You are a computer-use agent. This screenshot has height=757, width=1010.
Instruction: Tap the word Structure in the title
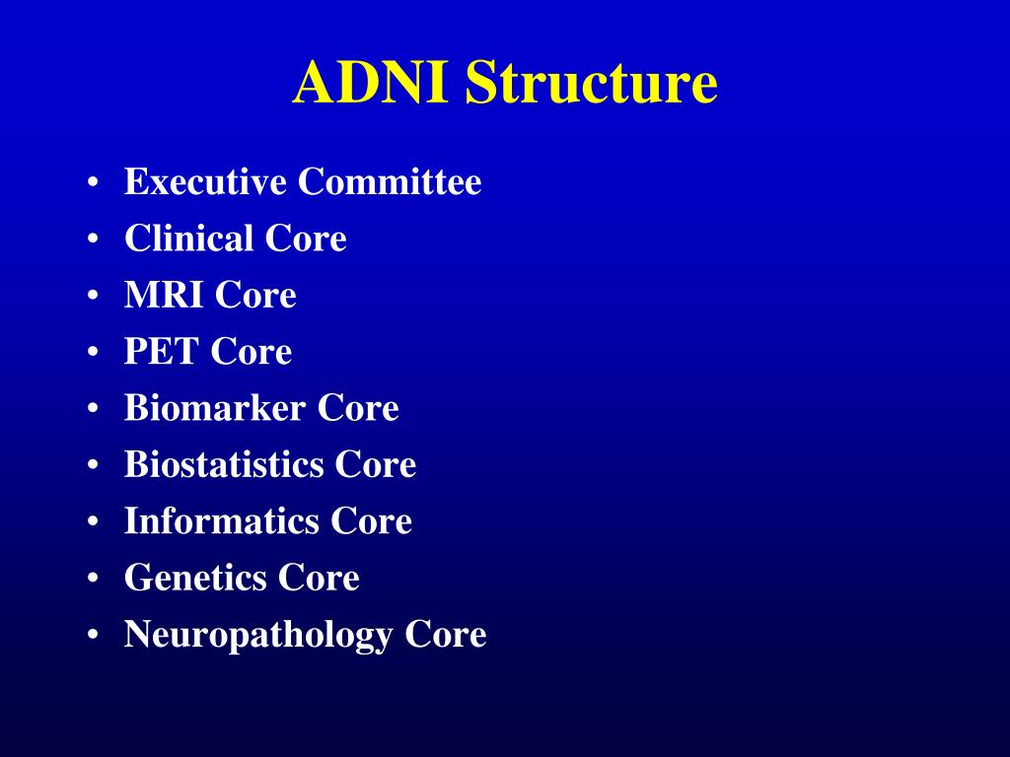591,83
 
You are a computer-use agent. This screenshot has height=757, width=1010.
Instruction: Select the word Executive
205,182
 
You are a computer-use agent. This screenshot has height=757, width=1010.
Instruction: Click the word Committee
391,182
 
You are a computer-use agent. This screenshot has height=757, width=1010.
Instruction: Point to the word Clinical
188,239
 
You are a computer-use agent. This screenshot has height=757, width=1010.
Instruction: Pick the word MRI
164,295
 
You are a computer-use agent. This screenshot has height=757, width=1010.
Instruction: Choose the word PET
161,351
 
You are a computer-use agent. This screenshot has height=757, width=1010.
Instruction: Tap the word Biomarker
214,408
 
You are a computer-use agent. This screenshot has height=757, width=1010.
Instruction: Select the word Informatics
221,520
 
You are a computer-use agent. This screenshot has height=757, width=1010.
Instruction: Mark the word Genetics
194,577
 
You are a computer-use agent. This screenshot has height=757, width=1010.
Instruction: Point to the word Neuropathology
258,634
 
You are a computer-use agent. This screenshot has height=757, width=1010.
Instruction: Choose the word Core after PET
252,351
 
